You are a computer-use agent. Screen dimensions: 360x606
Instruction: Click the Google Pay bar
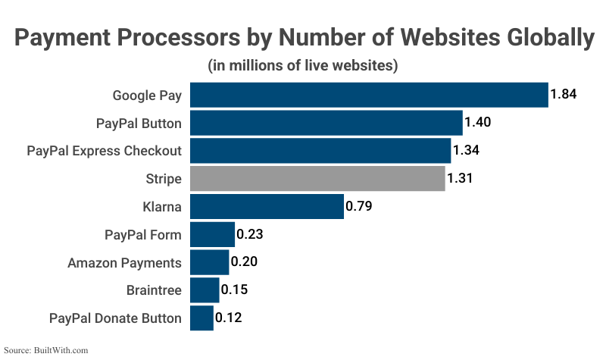pos(369,95)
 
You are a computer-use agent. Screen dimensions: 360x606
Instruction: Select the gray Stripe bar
pos(317,179)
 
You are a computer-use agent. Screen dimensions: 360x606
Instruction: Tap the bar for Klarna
pos(267,206)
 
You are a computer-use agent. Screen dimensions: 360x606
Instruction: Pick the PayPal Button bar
pos(326,123)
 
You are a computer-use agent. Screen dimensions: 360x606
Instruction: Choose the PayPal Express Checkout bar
pos(320,151)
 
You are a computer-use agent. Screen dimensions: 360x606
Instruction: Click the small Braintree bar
pos(205,290)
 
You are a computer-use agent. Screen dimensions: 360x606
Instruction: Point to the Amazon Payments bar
pos(209,262)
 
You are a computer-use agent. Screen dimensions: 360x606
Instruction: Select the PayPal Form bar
pos(212,234)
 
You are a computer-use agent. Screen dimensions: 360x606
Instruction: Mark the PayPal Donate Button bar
pos(201,318)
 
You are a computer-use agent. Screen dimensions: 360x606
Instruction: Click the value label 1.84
pos(564,95)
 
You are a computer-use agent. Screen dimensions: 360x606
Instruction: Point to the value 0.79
pos(358,206)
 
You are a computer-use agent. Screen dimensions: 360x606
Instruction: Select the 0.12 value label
pos(228,318)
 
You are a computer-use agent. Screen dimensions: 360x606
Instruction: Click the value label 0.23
pos(250,234)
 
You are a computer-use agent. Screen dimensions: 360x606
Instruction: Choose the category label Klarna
pos(162,206)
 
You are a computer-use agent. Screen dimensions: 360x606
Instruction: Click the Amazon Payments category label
pos(124,262)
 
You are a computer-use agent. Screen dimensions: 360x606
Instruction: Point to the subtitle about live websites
pos(303,66)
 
